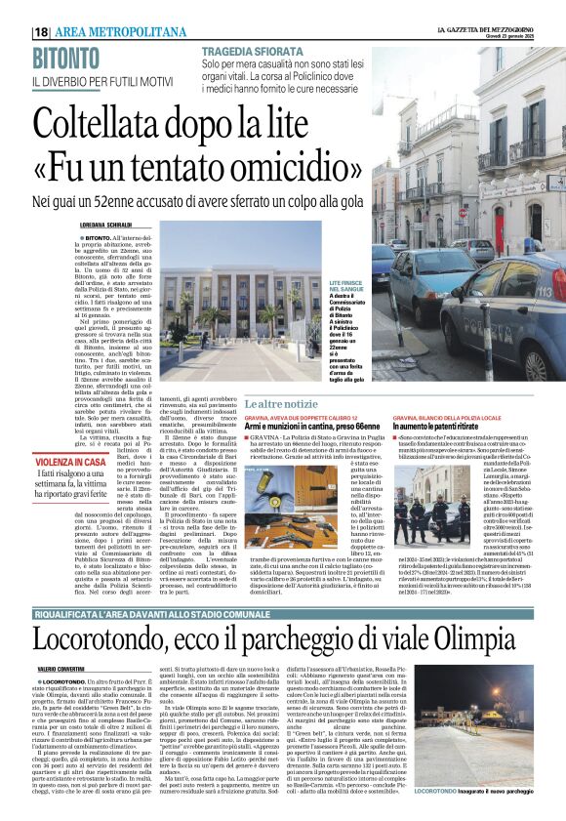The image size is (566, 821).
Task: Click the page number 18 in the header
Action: click(42, 31)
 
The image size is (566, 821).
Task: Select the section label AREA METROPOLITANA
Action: click(116, 31)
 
